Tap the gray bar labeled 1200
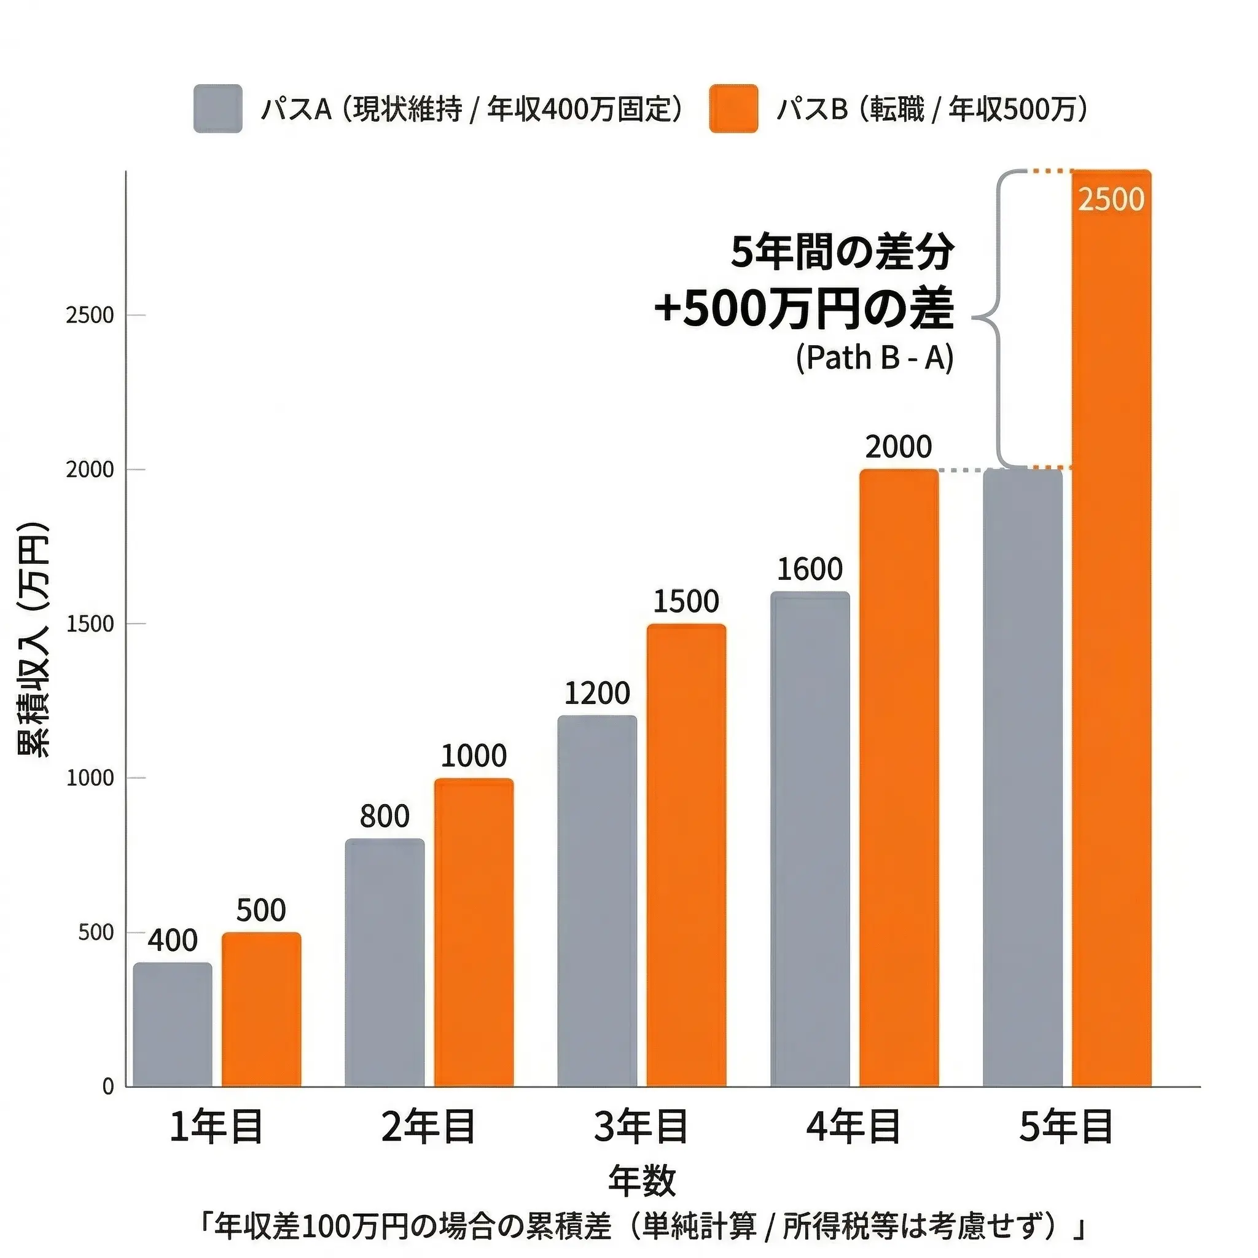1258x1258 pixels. pyautogui.click(x=597, y=901)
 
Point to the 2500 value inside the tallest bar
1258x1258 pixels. pyautogui.click(x=1111, y=200)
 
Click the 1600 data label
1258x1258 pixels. pyautogui.click(x=810, y=570)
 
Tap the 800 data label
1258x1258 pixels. pyautogui.click(x=384, y=816)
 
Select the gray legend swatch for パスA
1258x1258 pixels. pyautogui.click(x=217, y=109)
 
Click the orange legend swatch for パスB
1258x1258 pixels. pyautogui.click(x=733, y=109)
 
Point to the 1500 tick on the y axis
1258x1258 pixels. pyautogui.click(x=90, y=624)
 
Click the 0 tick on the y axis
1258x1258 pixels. pyautogui.click(x=108, y=1087)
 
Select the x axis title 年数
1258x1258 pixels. pyautogui.click(x=642, y=1181)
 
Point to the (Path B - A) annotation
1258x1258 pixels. pyautogui.click(x=874, y=357)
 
